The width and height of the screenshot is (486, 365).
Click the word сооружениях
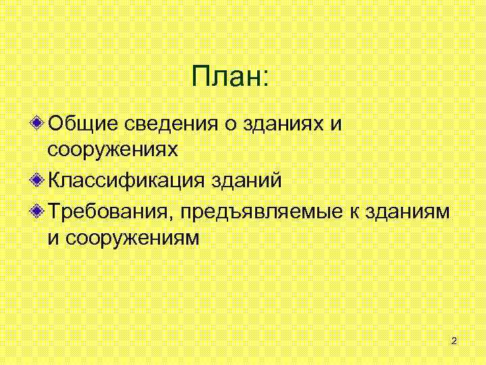[112, 150]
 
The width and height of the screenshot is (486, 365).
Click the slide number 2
[454, 341]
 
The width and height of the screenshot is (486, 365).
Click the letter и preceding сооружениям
[53, 239]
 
